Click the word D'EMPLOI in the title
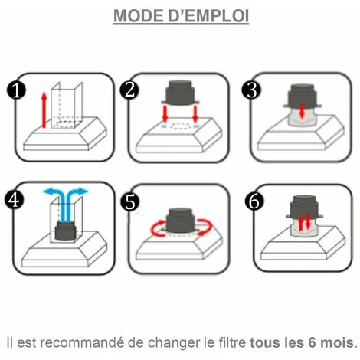(x=208, y=16)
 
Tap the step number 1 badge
(x=16, y=90)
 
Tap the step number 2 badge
(x=129, y=90)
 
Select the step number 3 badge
(x=252, y=90)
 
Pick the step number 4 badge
(x=15, y=200)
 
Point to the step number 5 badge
(x=130, y=202)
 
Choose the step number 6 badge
(x=254, y=201)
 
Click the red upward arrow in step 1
(x=44, y=110)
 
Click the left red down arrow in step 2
(x=165, y=114)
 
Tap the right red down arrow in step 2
(x=195, y=114)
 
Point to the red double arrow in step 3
(x=302, y=111)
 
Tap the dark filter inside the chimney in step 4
(x=65, y=231)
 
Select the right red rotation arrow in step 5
(x=205, y=227)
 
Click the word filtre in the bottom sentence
(x=232, y=342)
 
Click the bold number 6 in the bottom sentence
(x=313, y=342)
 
